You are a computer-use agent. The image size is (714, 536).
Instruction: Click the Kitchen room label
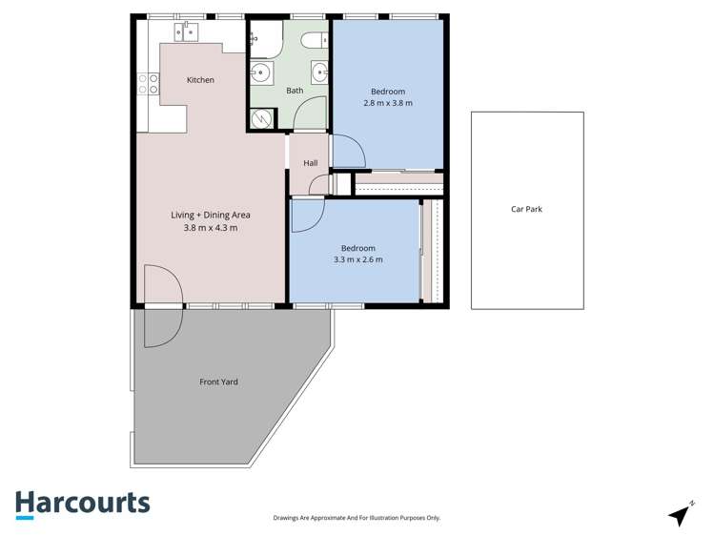pos(200,80)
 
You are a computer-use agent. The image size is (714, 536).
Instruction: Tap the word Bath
pos(295,91)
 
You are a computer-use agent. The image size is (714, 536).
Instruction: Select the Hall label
pos(311,163)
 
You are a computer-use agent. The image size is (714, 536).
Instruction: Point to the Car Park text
pos(526,209)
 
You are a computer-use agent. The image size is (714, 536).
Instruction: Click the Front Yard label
pos(218,382)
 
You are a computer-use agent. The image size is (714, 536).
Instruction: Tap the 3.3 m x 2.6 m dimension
pos(358,259)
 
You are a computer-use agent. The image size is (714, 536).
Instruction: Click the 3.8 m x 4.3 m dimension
pos(211,227)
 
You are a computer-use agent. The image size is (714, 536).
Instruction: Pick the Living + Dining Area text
pos(211,215)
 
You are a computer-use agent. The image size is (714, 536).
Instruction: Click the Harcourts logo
pos(82,504)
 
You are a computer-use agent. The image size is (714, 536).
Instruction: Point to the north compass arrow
pos(681,514)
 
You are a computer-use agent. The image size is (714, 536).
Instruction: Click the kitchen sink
pos(186,33)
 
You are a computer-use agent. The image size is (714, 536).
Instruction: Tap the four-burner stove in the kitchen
pos(148,84)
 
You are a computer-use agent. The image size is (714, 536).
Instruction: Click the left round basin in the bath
pos(261,72)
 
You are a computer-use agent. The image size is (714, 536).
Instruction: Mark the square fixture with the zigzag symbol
pos(261,118)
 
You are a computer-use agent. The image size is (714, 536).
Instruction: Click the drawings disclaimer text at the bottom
pos(356,518)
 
